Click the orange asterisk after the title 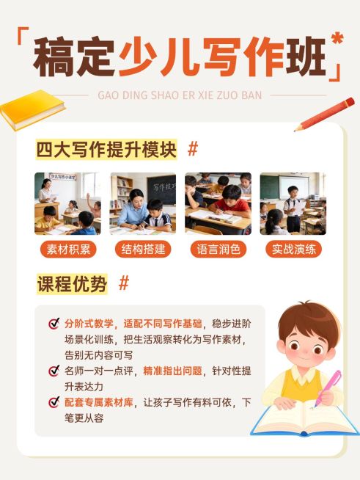pos(337,39)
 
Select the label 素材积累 pos(68,249)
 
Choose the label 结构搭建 pos(143,249)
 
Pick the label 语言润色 pos(218,249)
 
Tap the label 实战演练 pos(293,249)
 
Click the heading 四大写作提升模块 pos(107,150)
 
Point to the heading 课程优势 pos(72,284)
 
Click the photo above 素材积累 pos(68,203)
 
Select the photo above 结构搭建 pos(143,203)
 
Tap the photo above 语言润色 pos(218,203)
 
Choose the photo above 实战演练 pos(293,203)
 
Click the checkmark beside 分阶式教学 pos(54,324)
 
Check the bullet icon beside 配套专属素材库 pos(54,402)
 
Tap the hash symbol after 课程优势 pos(124,283)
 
